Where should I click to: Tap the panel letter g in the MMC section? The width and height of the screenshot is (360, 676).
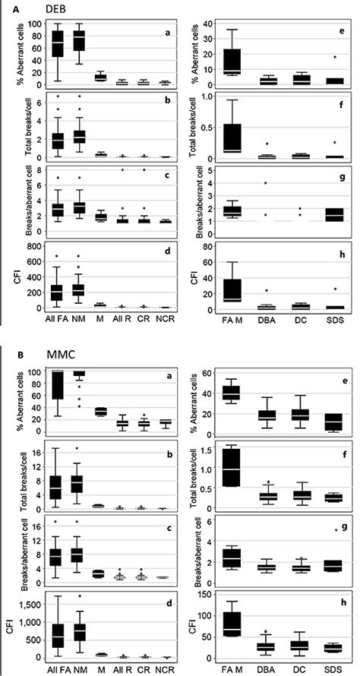pos(336,526)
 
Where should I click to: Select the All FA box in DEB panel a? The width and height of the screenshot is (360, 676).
pos(46,47)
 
